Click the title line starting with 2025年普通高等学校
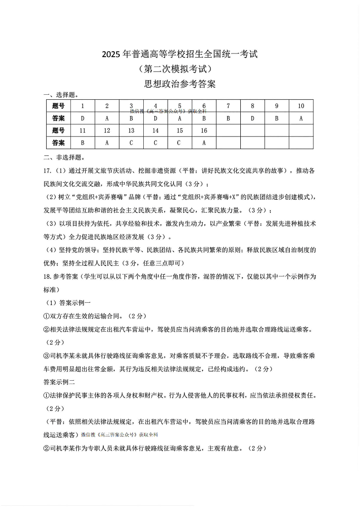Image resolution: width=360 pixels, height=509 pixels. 180,54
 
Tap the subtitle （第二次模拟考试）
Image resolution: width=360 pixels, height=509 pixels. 180,69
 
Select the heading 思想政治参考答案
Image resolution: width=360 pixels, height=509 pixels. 180,84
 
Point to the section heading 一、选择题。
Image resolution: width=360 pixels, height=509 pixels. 60,95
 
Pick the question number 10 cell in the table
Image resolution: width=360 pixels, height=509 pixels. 301,106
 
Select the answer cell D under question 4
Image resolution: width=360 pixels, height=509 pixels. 156,118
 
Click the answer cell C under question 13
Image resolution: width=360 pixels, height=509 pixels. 131,143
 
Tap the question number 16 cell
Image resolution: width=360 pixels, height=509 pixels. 204,131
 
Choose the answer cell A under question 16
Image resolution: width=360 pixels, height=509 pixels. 204,143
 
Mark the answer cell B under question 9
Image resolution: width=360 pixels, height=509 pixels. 277,118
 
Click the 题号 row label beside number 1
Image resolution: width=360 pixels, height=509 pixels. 58,106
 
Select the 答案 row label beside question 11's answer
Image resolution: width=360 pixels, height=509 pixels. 58,143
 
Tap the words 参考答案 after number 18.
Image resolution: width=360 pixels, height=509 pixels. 65,276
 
